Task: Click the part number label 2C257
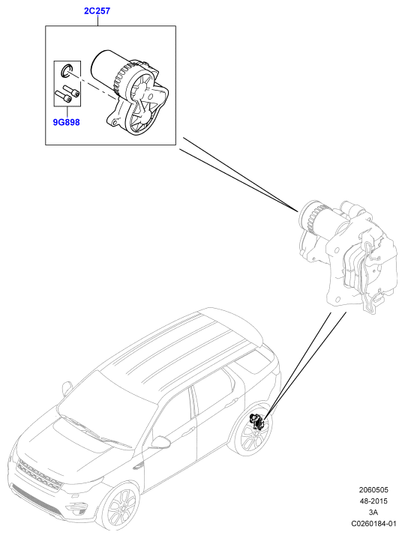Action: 97,11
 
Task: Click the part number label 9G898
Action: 66,122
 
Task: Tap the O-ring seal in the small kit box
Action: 65,70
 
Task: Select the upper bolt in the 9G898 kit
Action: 71,90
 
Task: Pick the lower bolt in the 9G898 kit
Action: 63,96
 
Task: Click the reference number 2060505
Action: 373,490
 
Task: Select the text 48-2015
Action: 373,501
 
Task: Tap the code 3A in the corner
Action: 373,513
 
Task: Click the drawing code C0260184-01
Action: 373,524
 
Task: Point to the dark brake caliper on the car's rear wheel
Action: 256,421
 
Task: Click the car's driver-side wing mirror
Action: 160,442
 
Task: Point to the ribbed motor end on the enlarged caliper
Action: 311,215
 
